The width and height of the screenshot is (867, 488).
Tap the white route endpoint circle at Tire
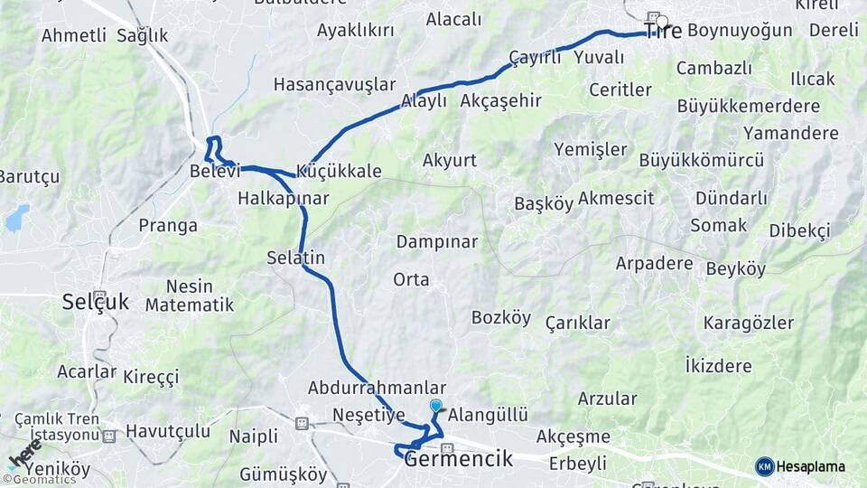point(662,22)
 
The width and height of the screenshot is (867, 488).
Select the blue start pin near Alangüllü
point(436,407)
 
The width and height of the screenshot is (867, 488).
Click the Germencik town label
point(459,458)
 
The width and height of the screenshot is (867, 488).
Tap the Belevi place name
point(214,171)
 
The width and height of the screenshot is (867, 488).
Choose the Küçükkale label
point(339,171)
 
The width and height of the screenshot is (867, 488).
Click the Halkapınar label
point(283,197)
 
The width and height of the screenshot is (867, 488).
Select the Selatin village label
point(295,258)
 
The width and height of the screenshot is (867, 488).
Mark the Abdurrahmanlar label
point(378,387)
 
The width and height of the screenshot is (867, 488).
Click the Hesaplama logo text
point(811,466)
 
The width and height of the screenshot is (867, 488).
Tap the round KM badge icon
point(765,466)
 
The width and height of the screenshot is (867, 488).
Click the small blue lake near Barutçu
point(17,217)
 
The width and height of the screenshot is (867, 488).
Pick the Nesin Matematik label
point(190,295)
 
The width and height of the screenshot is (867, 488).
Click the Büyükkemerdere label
point(749,106)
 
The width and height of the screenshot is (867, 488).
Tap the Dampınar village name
point(437,241)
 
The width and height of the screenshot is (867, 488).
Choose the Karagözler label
point(749,323)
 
